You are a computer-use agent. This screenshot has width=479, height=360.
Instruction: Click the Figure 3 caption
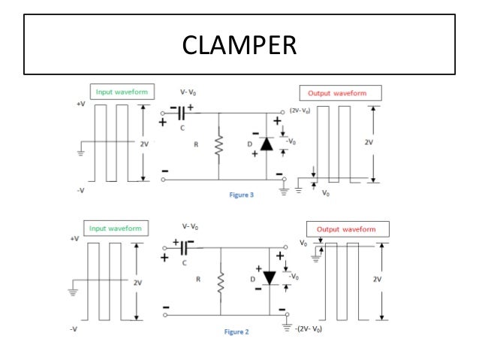point(242,195)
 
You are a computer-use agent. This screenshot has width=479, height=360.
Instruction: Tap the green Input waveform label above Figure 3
point(121,92)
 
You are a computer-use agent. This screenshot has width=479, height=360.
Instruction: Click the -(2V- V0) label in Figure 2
point(308,329)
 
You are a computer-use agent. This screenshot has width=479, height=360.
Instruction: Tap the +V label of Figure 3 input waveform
point(81,104)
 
